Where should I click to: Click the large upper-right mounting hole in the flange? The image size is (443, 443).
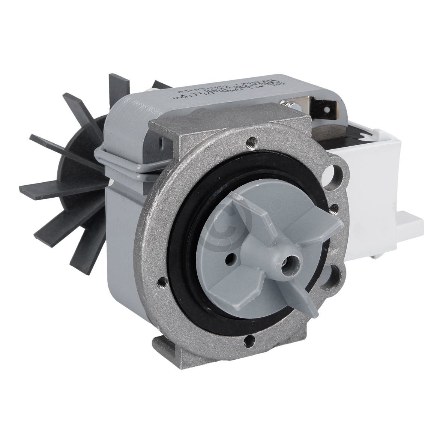[335, 176]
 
